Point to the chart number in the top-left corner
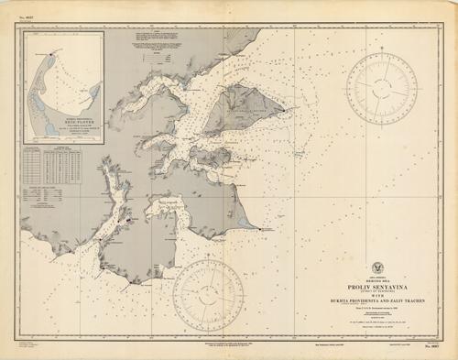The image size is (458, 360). click(26, 12)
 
